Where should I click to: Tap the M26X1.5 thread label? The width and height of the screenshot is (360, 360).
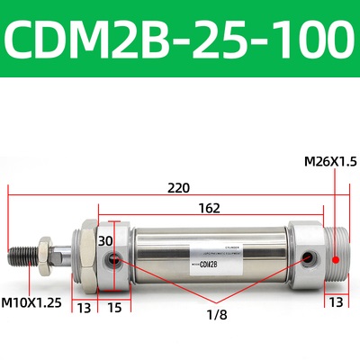pyautogui.click(x=330, y=161)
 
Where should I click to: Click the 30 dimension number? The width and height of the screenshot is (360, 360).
pyautogui.click(x=106, y=241)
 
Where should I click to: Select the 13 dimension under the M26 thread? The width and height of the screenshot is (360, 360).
pyautogui.click(x=335, y=301)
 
